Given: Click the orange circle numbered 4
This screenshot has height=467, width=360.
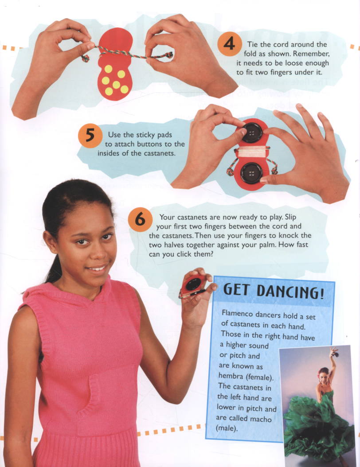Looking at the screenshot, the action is (229, 44).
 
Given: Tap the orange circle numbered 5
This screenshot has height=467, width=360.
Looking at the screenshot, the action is (90, 136).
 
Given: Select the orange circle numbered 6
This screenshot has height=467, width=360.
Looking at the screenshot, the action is (140, 219).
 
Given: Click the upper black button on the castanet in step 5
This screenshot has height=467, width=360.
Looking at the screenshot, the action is (252, 132).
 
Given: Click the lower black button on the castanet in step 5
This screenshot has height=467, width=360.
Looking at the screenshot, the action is (252, 174).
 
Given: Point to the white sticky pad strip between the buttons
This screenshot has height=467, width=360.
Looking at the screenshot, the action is (252, 152).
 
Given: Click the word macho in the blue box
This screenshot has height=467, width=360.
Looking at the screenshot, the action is (261, 419).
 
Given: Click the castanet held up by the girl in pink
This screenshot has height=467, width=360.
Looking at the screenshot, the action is (194, 284).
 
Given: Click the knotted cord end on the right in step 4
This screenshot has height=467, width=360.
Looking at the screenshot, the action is (169, 55).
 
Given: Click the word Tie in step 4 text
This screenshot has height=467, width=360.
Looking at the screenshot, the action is (253, 44).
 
